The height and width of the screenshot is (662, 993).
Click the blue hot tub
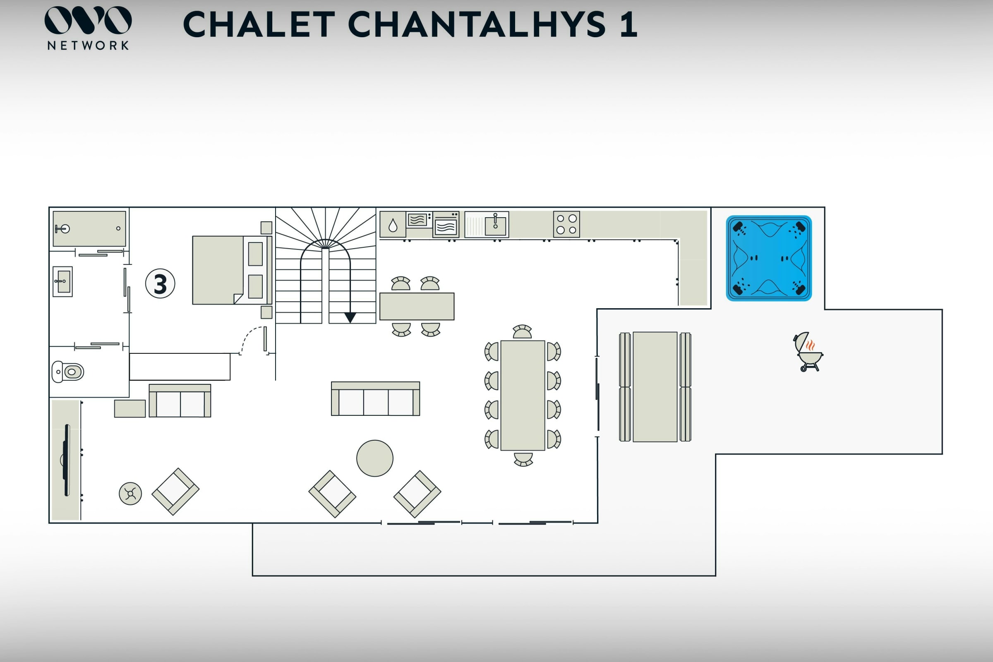click(x=769, y=258)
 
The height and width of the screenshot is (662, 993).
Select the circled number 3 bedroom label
click(x=160, y=283)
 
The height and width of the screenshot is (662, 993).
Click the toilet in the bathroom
click(x=68, y=372)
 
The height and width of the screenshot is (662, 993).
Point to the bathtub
click(x=89, y=228)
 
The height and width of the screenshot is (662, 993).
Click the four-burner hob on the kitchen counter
click(x=566, y=224)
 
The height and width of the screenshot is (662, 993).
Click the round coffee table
click(x=374, y=458)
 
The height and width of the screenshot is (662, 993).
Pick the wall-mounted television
click(x=66, y=460)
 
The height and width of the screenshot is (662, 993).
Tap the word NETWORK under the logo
click(x=88, y=46)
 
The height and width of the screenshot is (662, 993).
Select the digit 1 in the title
click(x=628, y=24)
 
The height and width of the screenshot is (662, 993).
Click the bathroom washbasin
click(x=62, y=281)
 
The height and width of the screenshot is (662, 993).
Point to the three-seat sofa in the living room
click(x=375, y=399)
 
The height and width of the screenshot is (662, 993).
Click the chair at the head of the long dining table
click(x=522, y=331)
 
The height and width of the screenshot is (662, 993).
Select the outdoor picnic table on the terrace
click(x=655, y=387)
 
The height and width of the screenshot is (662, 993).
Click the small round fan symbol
click(x=130, y=494)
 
